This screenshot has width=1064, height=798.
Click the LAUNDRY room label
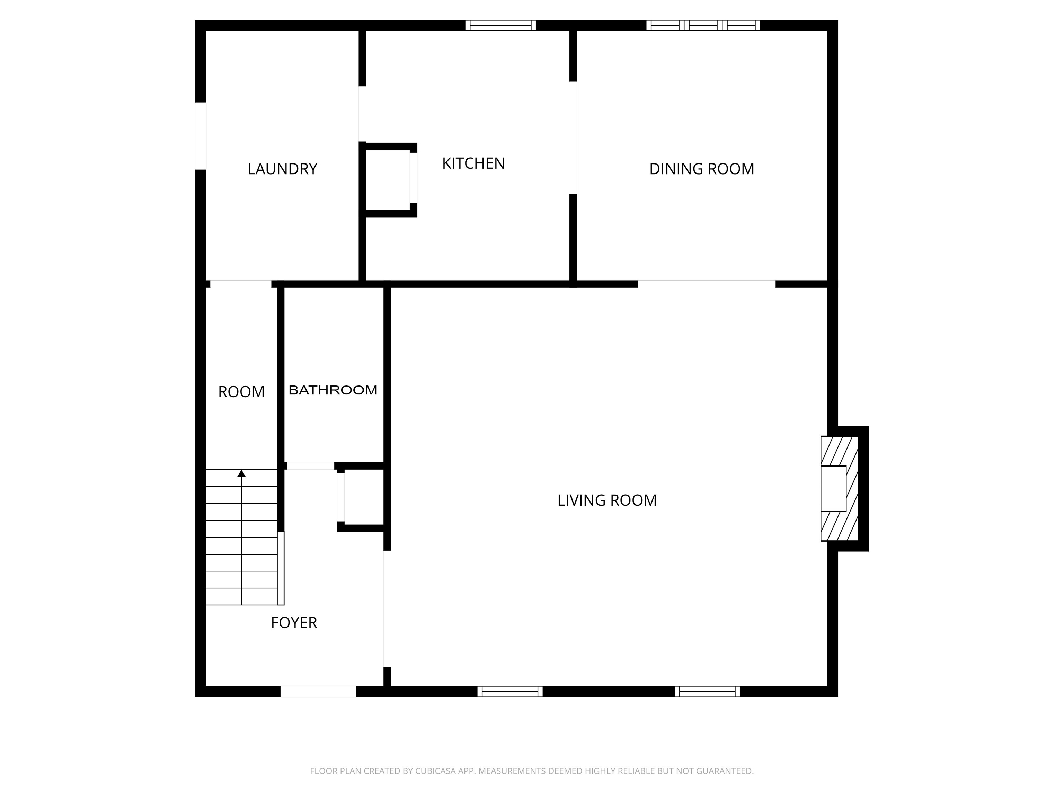[282, 169]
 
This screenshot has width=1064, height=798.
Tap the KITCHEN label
[473, 163]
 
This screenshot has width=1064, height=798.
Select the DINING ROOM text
[702, 169]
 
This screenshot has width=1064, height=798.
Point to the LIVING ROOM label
[607, 500]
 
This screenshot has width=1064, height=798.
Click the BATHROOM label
[333, 390]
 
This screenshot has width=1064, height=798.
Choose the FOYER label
[294, 623]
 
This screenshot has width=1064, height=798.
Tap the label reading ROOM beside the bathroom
[241, 392]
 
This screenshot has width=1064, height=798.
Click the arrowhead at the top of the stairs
[241, 474]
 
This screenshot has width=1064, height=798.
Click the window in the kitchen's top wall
[500, 26]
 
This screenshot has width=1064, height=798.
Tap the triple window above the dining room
[703, 26]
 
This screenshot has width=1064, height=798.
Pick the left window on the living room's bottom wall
[510, 691]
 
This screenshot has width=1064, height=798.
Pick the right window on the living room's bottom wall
[707, 691]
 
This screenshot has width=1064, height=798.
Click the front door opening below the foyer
[318, 691]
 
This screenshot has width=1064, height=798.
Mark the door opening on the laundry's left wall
[201, 136]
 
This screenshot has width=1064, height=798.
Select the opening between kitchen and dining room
[573, 138]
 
